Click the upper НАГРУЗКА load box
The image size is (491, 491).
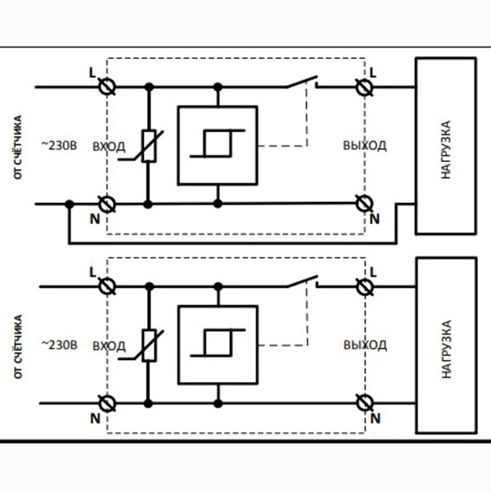[444, 146]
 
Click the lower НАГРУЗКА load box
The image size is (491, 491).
[444, 345]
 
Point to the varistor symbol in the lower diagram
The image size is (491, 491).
[149, 344]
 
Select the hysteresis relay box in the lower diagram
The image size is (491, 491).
[218, 344]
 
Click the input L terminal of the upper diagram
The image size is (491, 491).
[106, 85]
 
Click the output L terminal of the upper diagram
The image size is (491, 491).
[360, 85]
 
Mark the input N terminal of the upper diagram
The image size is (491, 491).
[106, 203]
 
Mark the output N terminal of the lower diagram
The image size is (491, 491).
[360, 403]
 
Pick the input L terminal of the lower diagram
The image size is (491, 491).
[106, 286]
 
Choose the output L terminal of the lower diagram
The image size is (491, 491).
[360, 286]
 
